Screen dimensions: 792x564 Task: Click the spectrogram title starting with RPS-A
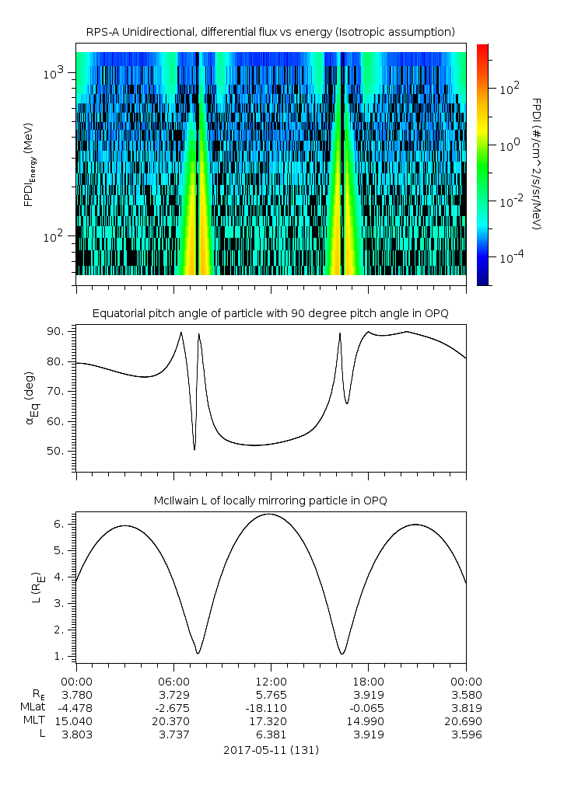(x=270, y=32)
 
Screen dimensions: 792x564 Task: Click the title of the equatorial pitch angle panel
(x=270, y=313)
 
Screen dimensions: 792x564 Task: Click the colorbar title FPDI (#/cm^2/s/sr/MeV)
(x=536, y=164)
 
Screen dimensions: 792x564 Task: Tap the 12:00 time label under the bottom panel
(x=270, y=681)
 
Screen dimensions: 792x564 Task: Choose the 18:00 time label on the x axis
(x=367, y=681)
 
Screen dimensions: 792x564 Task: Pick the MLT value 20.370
(x=173, y=720)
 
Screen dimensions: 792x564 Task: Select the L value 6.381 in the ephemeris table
(x=270, y=734)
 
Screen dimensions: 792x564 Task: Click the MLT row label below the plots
(x=35, y=720)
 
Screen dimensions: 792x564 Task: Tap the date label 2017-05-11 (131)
(x=270, y=750)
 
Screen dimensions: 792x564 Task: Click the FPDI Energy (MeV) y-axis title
(x=29, y=164)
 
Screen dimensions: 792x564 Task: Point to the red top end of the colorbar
(x=482, y=50)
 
